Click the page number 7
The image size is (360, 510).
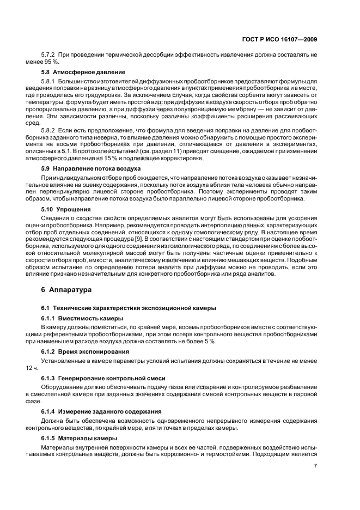click(315, 466)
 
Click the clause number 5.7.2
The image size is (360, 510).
click(50, 55)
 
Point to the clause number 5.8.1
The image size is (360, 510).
click(50, 81)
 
